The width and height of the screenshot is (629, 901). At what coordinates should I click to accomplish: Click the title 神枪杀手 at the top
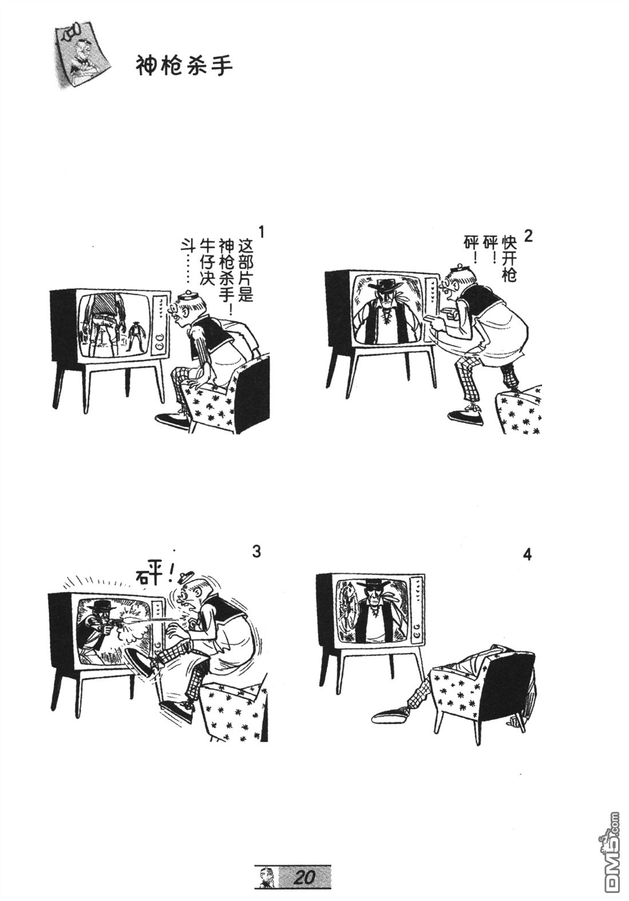[184, 66]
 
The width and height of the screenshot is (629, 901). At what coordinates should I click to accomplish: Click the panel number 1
[262, 233]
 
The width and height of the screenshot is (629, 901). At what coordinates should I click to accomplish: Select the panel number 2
[528, 236]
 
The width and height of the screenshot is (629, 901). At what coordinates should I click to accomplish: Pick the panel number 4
[527, 554]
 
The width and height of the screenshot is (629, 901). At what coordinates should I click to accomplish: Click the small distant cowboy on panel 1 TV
[137, 336]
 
